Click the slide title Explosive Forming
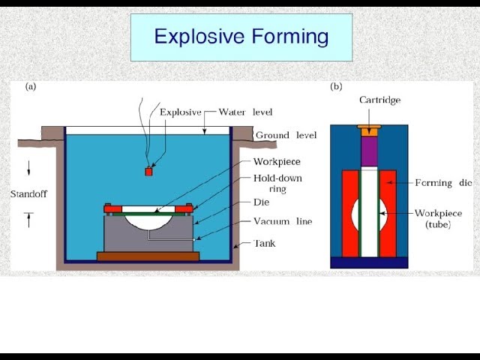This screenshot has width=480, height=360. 241,37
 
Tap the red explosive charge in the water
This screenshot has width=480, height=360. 148,172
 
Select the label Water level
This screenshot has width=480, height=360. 245,112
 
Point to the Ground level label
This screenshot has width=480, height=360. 286,135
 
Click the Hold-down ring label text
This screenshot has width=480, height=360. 277,183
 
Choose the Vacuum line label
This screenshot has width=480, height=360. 283,221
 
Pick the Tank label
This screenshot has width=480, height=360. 265,243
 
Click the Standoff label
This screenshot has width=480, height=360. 28,194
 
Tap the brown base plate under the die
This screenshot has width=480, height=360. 148,256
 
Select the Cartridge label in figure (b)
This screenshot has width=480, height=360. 380,100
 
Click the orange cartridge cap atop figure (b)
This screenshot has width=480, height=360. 369,130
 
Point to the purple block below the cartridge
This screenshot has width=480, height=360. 369,151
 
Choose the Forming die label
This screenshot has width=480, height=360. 443,183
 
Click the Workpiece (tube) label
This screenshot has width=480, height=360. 438,219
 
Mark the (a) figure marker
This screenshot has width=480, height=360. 31,87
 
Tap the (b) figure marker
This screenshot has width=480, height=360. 336,87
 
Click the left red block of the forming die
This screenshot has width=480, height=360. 350,213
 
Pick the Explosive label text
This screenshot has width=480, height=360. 181,112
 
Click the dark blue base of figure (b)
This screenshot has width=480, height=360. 369,262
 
